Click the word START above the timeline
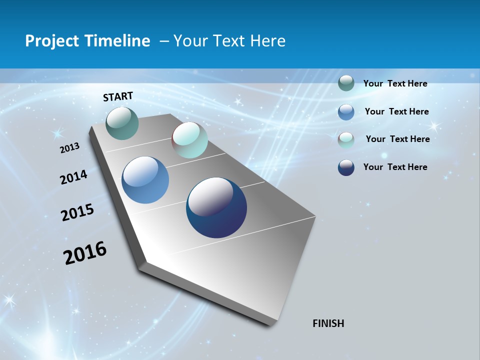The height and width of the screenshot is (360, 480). (x=118, y=96)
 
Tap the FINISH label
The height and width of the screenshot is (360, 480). (x=328, y=323)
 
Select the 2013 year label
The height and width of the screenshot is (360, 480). (x=69, y=148)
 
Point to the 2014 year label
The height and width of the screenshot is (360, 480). (x=73, y=177)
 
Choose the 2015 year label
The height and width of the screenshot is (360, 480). (x=77, y=212)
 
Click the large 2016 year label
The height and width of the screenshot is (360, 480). (x=85, y=253)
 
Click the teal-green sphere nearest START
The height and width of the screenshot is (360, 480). (x=122, y=123)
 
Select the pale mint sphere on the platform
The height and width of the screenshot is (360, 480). (x=189, y=140)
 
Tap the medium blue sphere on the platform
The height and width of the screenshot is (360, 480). (x=145, y=180)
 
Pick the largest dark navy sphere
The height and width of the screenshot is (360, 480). (x=216, y=207)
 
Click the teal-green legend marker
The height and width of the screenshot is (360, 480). (x=346, y=83)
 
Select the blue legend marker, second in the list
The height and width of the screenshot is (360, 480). (x=346, y=112)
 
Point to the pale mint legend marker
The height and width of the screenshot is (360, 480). (x=346, y=139)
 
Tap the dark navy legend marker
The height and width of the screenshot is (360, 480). (x=346, y=167)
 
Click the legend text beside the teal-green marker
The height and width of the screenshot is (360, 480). (x=395, y=83)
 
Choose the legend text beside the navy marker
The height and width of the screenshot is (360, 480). (x=395, y=167)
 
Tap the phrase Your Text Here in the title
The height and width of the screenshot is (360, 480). (x=229, y=41)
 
